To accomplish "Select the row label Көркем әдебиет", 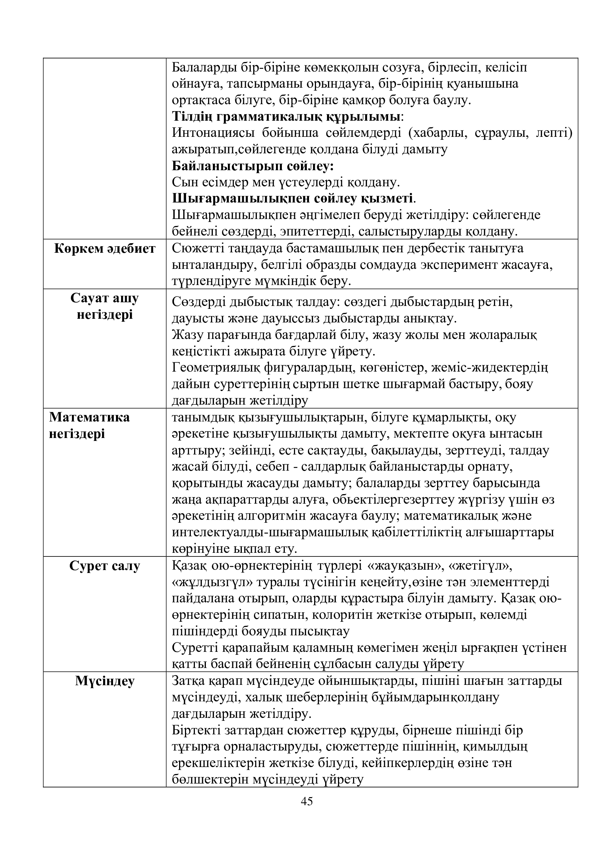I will [x=105, y=248].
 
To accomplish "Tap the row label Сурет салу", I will [x=105, y=566].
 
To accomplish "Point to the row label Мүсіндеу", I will [x=105, y=681].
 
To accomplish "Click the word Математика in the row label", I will [x=89, y=417].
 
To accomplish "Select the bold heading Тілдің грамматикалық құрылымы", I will [x=286, y=116].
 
